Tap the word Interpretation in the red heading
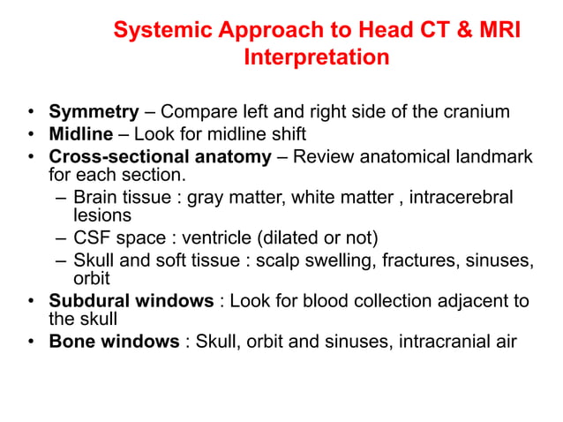coord(315,58)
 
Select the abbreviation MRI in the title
coord(497,31)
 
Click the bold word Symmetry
coord(94,112)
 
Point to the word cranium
coord(477,112)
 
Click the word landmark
coord(494,156)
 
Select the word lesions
coord(101,215)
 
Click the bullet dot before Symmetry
coord(30,113)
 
